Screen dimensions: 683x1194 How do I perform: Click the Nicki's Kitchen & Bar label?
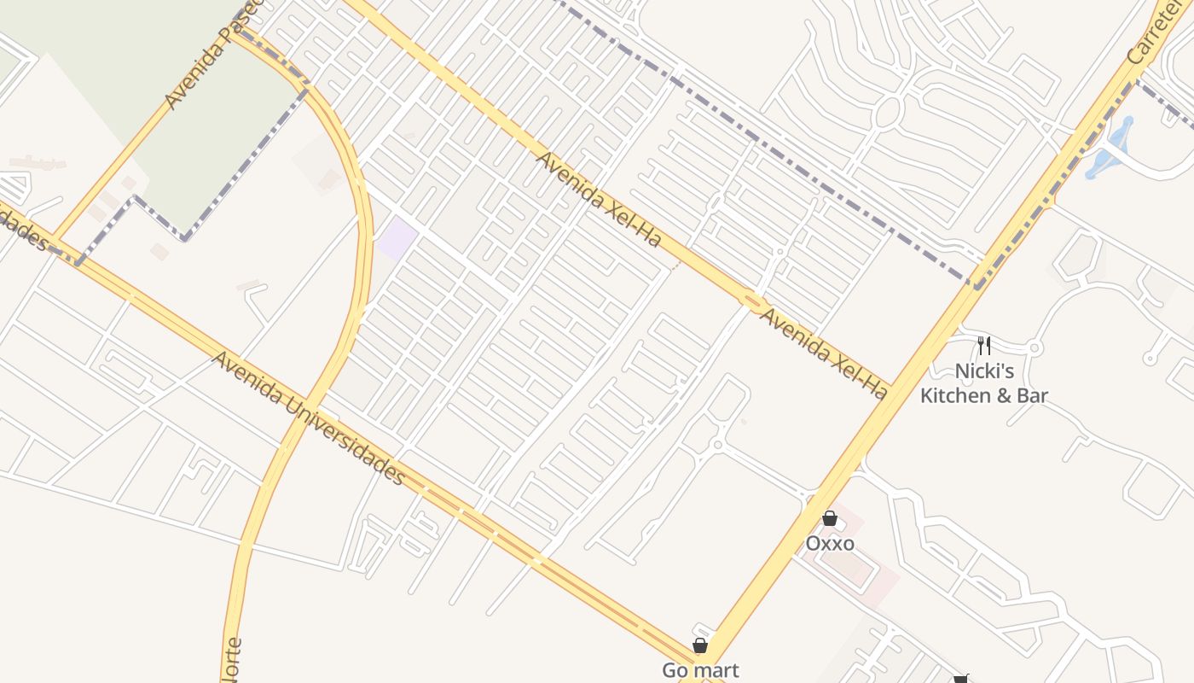tap(984, 383)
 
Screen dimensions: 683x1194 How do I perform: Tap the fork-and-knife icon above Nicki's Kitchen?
tap(984, 345)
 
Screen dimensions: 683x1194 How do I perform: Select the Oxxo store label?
tap(830, 544)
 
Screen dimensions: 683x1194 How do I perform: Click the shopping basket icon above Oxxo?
tap(830, 518)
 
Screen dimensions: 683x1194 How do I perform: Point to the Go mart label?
tap(700, 670)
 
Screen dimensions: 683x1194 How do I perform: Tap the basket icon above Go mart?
tap(700, 645)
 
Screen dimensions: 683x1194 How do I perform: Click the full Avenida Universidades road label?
tap(308, 417)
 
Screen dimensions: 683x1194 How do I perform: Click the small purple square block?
tap(397, 237)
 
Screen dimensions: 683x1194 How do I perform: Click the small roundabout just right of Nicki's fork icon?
tap(1035, 347)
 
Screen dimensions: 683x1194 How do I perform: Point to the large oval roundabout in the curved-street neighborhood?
tap(888, 111)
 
